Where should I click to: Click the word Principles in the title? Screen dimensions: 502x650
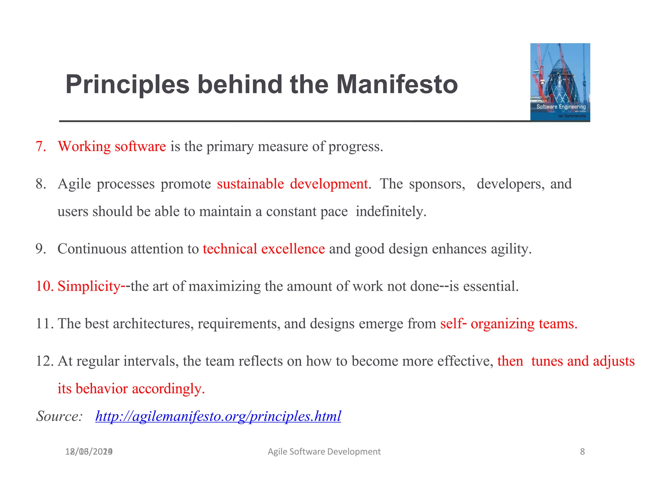point(127,85)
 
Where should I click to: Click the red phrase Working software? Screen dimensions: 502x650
point(112,147)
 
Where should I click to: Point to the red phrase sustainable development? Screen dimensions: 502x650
point(292,184)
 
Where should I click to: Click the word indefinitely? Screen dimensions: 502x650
point(391,212)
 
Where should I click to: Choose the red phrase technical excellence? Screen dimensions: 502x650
point(264,249)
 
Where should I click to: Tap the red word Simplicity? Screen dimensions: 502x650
point(89,286)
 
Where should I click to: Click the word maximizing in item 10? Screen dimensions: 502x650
point(224,286)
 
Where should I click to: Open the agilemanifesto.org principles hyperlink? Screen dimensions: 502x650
point(218,416)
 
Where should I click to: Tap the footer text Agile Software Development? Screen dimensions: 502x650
point(324,452)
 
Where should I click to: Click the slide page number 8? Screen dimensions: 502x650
point(582,452)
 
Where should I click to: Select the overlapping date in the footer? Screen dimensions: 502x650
point(89,452)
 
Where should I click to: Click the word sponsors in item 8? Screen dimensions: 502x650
point(437,184)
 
